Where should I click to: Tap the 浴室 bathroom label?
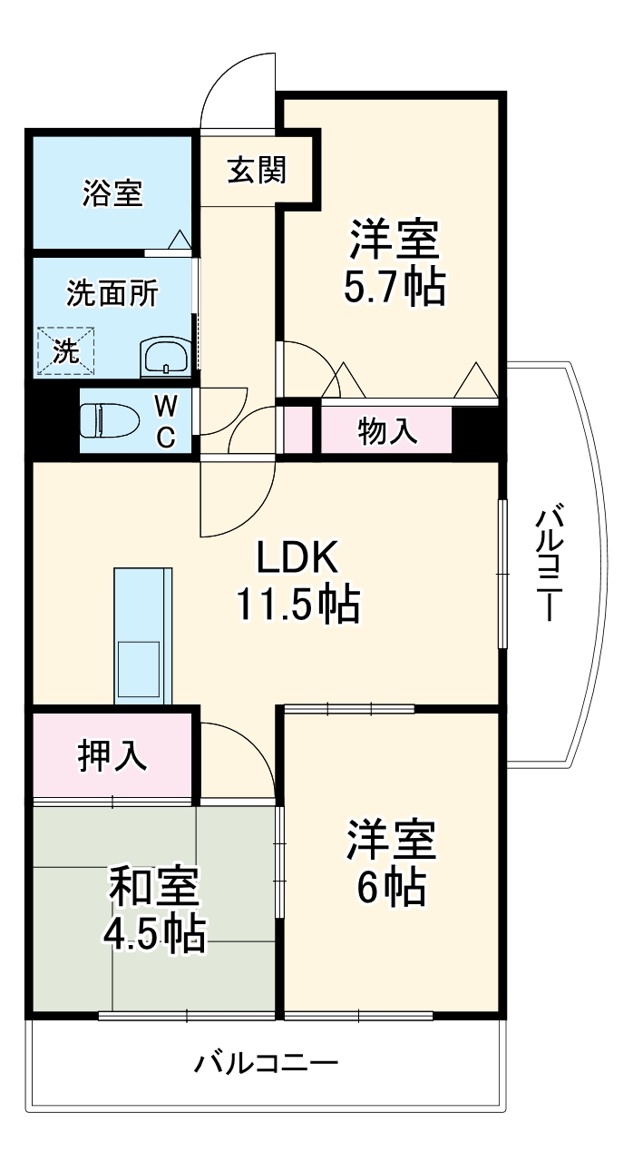[112, 193]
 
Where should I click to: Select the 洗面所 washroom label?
[112, 294]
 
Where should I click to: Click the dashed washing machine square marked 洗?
[66, 351]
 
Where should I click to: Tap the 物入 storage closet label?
[387, 430]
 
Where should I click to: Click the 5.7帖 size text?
[394, 286]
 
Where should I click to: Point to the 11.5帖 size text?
[298, 605]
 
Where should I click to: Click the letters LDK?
[297, 557]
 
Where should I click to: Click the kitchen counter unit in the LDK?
[143, 635]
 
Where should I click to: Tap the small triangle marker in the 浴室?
[180, 240]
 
